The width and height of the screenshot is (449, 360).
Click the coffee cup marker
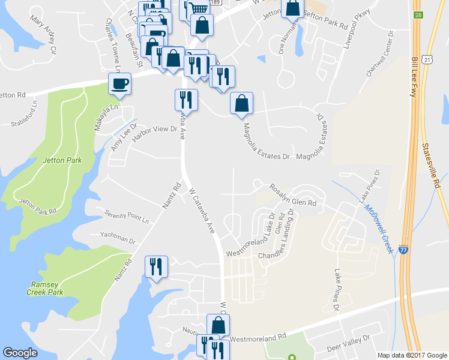tap(119, 84)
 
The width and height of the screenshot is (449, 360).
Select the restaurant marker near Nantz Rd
tap(157, 267)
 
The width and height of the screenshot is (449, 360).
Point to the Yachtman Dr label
tap(118, 239)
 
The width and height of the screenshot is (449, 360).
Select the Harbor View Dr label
tap(155, 134)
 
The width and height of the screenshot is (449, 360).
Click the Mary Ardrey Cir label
tap(42, 35)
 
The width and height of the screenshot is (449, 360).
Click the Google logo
tap(20, 353)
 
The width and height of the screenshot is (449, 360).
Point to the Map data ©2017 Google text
tap(412, 355)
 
